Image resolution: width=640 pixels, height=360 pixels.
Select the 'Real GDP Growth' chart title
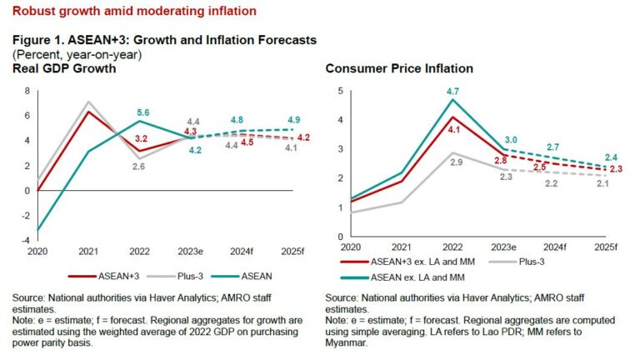(64, 68)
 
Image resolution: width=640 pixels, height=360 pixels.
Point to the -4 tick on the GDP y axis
(26, 240)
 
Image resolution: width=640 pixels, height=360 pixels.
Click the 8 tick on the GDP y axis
(27, 91)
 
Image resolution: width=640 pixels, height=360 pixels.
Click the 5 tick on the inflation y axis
(340, 91)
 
